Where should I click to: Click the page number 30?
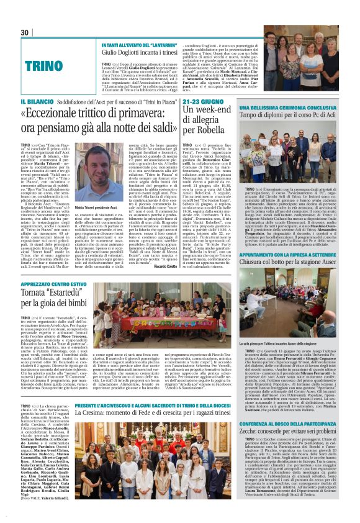25,33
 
